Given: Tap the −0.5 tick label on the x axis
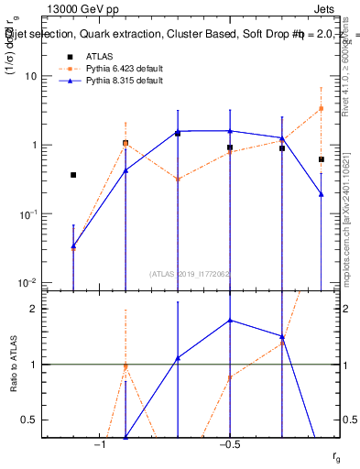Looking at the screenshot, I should point(229,445).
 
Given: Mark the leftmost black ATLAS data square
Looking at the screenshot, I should point(73,175).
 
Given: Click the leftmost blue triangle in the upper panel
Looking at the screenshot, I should point(73,245).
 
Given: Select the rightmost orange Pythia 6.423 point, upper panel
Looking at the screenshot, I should point(321,108).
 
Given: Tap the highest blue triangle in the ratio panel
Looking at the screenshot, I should point(230,321).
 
